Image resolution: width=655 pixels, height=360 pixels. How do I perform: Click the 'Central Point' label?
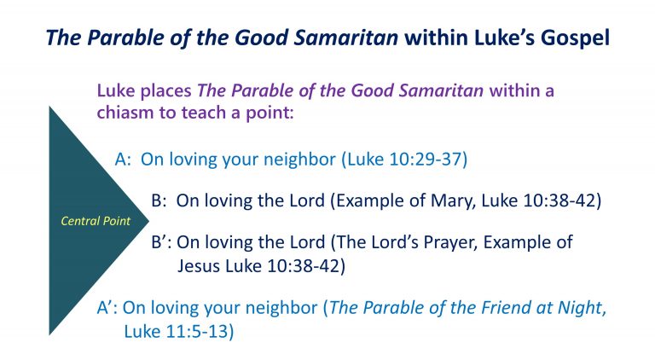pos(96,221)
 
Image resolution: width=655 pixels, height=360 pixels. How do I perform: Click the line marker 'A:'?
pos(124,159)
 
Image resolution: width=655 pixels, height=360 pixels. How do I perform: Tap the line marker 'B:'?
pos(159,201)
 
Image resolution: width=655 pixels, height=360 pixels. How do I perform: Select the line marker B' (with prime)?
pos(161,242)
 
